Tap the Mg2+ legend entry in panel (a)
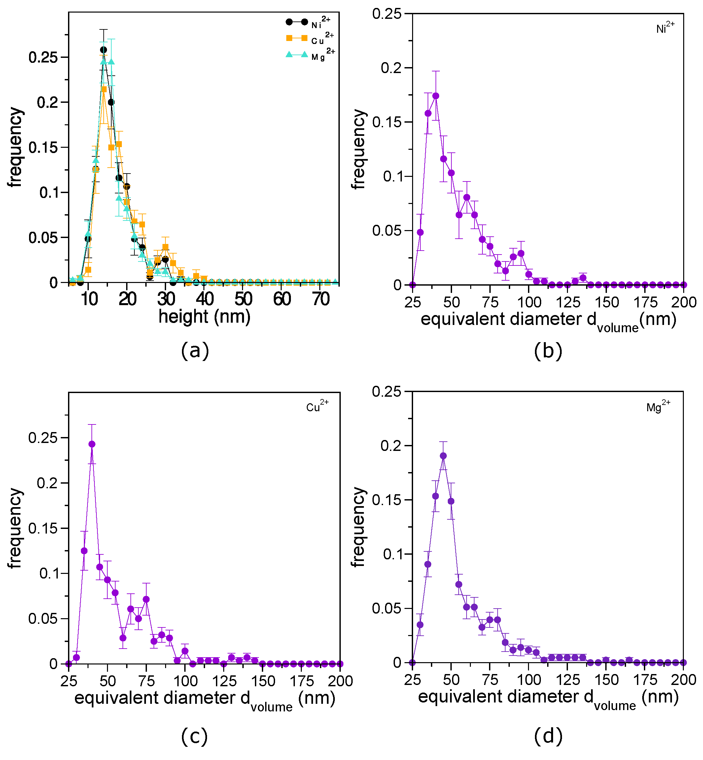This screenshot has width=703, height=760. coord(310,55)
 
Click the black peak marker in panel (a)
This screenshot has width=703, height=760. coord(103,50)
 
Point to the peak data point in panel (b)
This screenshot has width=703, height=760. coord(436,96)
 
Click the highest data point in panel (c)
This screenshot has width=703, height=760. coord(92,444)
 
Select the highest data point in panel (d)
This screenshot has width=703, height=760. coord(443,456)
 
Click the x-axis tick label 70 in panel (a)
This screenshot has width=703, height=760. coord(321,300)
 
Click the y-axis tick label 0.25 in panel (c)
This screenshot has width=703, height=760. coord(43,438)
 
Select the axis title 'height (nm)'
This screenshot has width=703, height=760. coord(204,317)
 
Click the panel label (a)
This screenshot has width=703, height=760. coord(195,350)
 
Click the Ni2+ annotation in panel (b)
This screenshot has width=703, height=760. coord(665,27)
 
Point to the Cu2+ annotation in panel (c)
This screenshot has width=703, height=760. coord(317,406)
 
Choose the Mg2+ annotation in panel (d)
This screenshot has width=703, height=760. coord(658,406)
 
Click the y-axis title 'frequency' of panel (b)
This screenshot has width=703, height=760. coord(358,149)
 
